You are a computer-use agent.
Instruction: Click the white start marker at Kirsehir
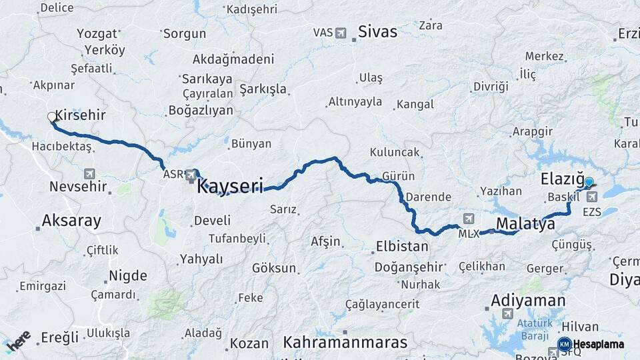click(52, 117)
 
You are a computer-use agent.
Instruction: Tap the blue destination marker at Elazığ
click(589, 181)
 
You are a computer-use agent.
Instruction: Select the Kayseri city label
click(230, 186)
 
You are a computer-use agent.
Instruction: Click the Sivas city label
click(377, 31)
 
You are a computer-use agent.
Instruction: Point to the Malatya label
click(525, 224)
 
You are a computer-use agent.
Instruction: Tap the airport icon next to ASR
click(192, 174)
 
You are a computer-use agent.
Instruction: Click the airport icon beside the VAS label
click(341, 32)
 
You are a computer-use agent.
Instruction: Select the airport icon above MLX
click(469, 219)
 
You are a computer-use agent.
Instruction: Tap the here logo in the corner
click(18, 341)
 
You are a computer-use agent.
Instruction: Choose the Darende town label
click(428, 197)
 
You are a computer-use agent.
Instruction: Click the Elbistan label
click(402, 246)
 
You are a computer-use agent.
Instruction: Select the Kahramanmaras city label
click(345, 342)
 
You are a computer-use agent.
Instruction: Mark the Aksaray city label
click(71, 221)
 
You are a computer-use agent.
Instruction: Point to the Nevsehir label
click(78, 187)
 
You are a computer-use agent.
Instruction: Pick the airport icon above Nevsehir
click(89, 173)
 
